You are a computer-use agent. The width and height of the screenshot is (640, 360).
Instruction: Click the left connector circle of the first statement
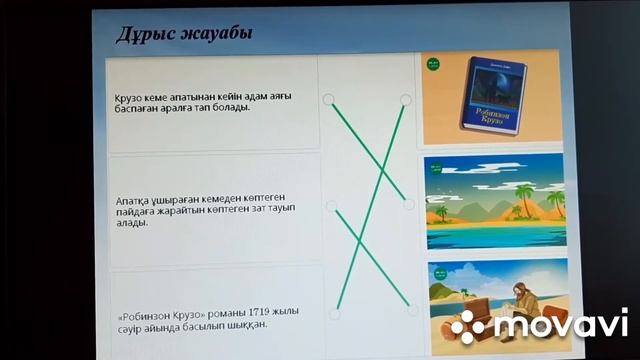(328, 99)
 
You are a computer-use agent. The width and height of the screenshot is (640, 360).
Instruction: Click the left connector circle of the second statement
(331, 205)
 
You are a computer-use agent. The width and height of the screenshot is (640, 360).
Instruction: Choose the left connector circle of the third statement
(334, 313)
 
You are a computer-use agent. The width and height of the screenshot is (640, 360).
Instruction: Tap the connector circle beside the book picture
(406, 99)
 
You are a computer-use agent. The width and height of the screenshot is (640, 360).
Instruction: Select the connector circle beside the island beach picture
(408, 204)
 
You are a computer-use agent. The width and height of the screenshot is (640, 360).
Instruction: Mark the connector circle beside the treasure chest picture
(412, 311)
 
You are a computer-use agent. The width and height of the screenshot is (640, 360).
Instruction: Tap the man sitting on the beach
(525, 300)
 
